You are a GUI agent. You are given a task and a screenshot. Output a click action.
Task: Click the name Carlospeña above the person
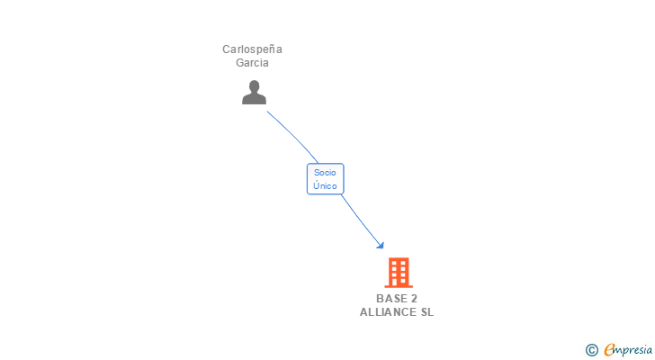pyautogui.click(x=252, y=49)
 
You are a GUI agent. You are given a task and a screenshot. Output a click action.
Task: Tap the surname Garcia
pyautogui.click(x=252, y=63)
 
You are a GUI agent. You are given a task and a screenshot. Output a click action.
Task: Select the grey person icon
pyautogui.click(x=255, y=93)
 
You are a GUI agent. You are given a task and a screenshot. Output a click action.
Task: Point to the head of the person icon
pyautogui.click(x=255, y=86)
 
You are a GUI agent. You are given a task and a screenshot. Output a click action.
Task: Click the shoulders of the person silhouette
pyautogui.click(x=255, y=99)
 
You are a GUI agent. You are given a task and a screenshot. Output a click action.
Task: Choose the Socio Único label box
pyautogui.click(x=325, y=178)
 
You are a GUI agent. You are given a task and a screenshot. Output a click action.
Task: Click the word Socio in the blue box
pyautogui.click(x=325, y=172)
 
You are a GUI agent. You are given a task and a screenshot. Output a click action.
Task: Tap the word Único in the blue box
pyautogui.click(x=325, y=185)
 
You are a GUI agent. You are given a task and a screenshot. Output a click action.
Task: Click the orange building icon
pyautogui.click(x=398, y=272)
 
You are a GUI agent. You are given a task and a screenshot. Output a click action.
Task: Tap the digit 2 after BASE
pyautogui.click(x=414, y=299)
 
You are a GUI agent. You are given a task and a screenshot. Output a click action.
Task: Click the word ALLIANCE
pyautogui.click(x=388, y=312)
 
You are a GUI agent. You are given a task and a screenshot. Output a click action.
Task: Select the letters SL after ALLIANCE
pyautogui.click(x=426, y=312)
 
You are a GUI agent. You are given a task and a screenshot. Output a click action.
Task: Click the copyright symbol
pyautogui.click(x=591, y=350)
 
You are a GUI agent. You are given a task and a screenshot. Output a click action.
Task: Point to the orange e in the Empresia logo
pyautogui.click(x=609, y=350)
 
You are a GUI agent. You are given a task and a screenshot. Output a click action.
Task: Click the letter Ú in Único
pyautogui.click(x=315, y=185)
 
